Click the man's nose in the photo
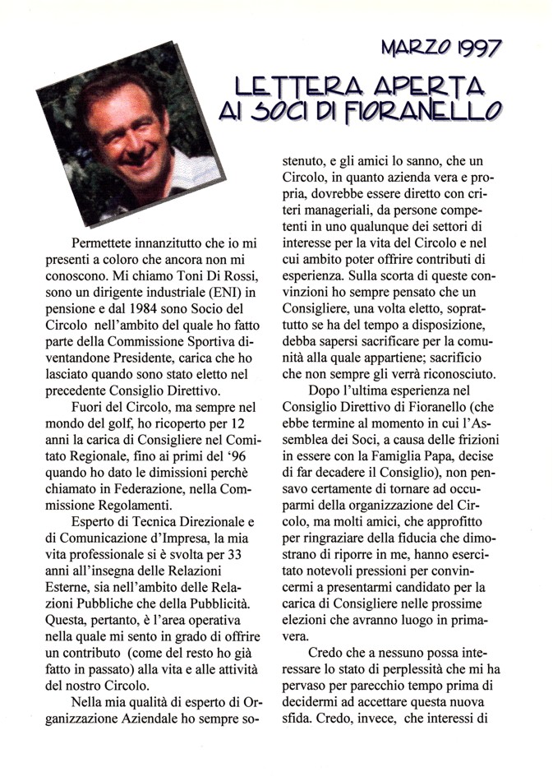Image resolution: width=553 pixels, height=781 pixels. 131,136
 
